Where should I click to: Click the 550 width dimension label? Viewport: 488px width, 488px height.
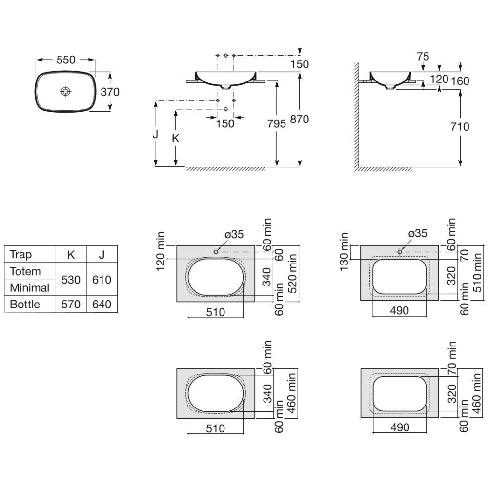pyautogui.click(x=66, y=60)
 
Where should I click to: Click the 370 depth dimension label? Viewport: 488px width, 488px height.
pyautogui.click(x=110, y=92)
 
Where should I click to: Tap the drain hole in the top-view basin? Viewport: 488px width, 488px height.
pyautogui.click(x=66, y=92)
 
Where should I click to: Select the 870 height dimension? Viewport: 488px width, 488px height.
pyautogui.click(x=300, y=119)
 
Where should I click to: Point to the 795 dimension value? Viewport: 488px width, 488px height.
pyautogui.click(x=276, y=124)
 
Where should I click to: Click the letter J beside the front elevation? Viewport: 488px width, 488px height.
pyautogui.click(x=155, y=135)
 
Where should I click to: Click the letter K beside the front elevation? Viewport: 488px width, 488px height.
pyautogui.click(x=176, y=139)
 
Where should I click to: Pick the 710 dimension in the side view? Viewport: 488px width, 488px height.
pyautogui.click(x=460, y=127)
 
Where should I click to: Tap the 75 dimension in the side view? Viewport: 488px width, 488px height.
pyautogui.click(x=423, y=57)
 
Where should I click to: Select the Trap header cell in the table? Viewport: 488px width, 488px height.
pyautogui.click(x=20, y=254)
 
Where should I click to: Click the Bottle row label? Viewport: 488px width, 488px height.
pyautogui.click(x=25, y=304)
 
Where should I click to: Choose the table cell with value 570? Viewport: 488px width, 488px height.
pyautogui.click(x=71, y=304)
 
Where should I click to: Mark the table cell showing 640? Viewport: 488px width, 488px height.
pyautogui.click(x=102, y=304)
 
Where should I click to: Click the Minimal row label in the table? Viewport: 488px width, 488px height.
pyautogui.click(x=30, y=287)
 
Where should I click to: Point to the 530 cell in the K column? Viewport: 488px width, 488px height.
pyautogui.click(x=71, y=280)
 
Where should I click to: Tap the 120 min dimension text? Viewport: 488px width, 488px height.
pyautogui.click(x=160, y=251)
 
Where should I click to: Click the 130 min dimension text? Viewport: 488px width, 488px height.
pyautogui.click(x=344, y=251)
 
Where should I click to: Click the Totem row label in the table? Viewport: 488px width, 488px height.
pyautogui.click(x=25, y=271)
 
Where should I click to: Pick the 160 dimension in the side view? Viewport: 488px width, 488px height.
pyautogui.click(x=460, y=81)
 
